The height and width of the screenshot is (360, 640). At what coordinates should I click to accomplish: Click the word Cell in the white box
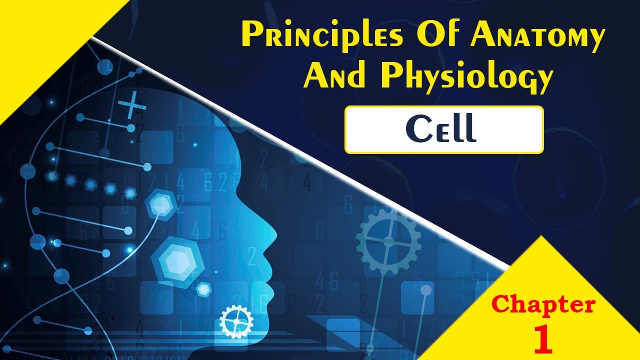tap(440, 129)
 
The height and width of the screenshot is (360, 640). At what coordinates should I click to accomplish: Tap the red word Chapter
tap(543, 304)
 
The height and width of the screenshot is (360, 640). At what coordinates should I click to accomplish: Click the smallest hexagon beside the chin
tap(203, 289)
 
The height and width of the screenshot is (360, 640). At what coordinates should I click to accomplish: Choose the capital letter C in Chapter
tap(501, 304)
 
